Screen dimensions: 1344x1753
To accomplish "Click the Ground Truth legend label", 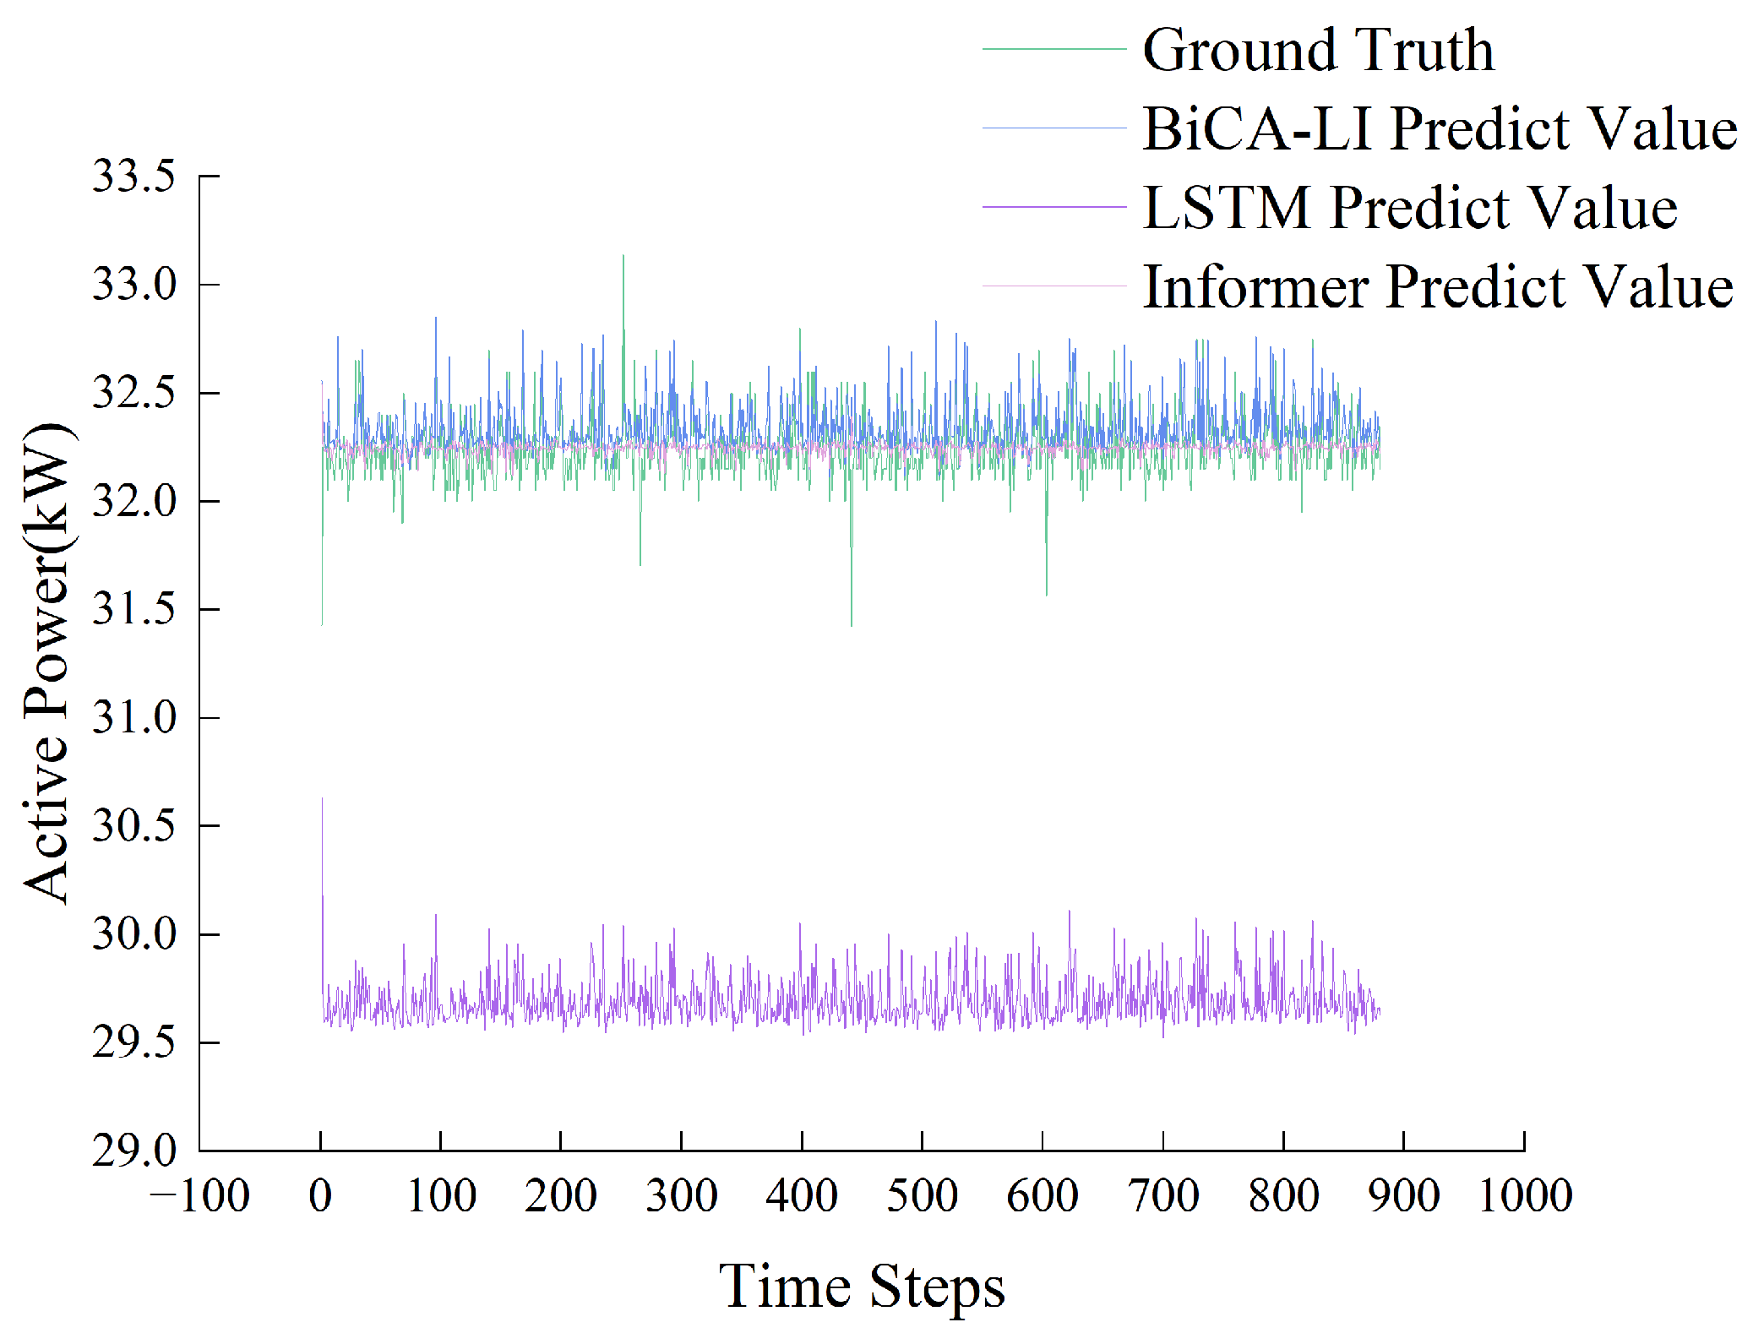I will [x=1317, y=50].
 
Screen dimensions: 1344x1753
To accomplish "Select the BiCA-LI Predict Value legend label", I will [x=1439, y=128].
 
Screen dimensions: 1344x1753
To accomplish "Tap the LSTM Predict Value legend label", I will [x=1409, y=208].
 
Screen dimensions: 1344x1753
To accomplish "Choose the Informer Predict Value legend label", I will [x=1437, y=286].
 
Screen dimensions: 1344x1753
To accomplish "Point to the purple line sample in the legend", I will [x=1053, y=207].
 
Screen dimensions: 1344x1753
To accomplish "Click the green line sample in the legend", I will [x=1053, y=50].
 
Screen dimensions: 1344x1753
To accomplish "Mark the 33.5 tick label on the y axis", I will [x=133, y=177].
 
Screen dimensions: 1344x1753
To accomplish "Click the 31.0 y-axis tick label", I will [x=133, y=718].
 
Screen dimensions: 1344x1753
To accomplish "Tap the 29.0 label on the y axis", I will [x=133, y=1151].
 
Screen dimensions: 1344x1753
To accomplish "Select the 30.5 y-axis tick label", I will [x=133, y=826].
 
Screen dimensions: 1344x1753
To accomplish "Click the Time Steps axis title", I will [x=862, y=1286].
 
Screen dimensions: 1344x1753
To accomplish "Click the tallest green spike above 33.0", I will [x=623, y=257].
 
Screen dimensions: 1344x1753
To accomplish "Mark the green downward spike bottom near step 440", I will [x=851, y=624].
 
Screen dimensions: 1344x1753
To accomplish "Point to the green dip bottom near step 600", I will [x=1047, y=594].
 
